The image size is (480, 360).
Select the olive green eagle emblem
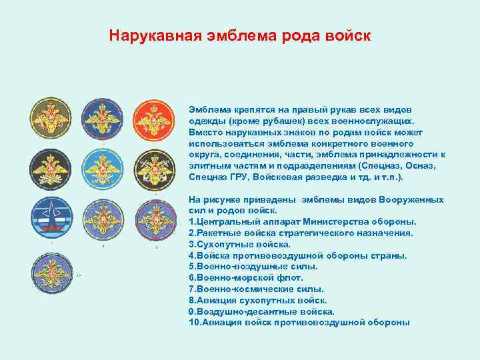53,121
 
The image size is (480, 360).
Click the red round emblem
155,121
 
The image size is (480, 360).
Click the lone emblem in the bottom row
53,273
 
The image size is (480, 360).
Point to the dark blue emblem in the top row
104,121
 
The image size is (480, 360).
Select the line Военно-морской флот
247,277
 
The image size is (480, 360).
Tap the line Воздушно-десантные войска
261,311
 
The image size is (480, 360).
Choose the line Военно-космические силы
257,289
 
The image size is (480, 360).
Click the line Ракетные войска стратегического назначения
301,233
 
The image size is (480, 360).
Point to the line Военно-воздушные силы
253,266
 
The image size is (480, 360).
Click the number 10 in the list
194,323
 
